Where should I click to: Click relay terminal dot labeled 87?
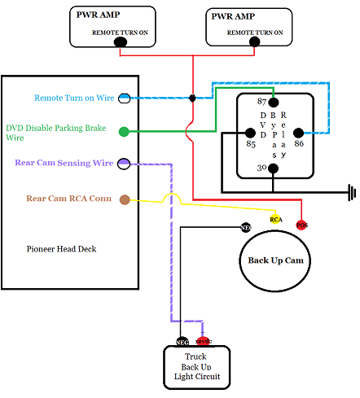pyautogui.click(x=274, y=102)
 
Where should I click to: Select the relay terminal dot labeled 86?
pyautogui.click(x=298, y=133)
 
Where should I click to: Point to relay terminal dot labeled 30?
pyautogui.click(x=274, y=168)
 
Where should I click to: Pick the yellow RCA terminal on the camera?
pyautogui.click(x=276, y=219)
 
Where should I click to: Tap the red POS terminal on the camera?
pyautogui.click(x=301, y=224)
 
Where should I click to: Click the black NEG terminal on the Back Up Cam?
pyautogui.click(x=245, y=228)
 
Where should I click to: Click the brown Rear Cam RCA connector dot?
pyautogui.click(x=125, y=199)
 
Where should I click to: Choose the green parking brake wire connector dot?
pyautogui.click(x=125, y=131)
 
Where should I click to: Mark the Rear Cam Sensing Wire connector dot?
pyautogui.click(x=125, y=164)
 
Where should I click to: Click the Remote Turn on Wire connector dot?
pyautogui.click(x=125, y=98)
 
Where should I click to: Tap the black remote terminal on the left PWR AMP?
pyautogui.click(x=121, y=41)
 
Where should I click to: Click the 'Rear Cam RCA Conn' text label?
pyautogui.click(x=68, y=198)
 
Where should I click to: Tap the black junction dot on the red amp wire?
pyautogui.click(x=192, y=98)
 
